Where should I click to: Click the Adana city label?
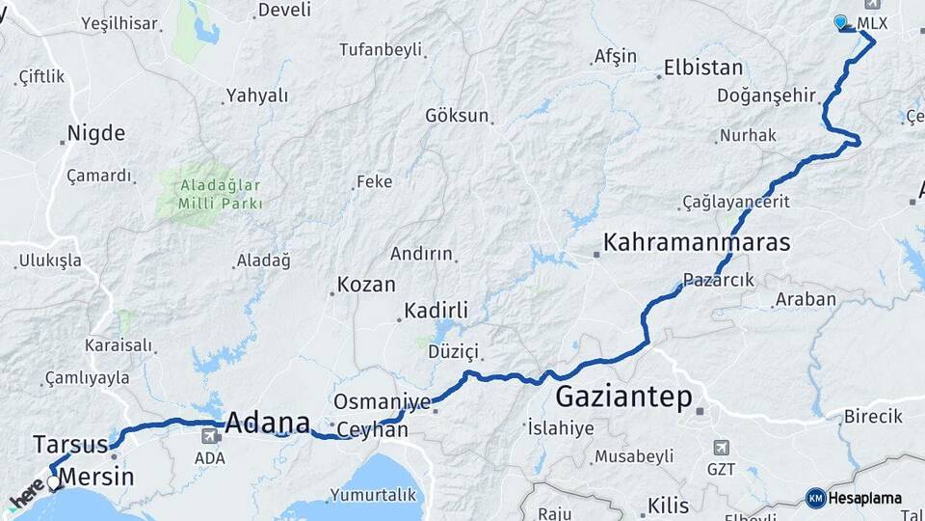click(268, 423)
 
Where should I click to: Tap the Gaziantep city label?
click(624, 396)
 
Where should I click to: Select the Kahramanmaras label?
click(697, 242)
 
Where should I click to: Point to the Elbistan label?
click(703, 69)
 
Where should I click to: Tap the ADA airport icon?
click(208, 436)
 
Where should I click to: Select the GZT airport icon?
click(720, 448)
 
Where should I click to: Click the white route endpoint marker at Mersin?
click(53, 482)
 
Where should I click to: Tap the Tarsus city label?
click(70, 445)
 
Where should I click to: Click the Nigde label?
click(96, 134)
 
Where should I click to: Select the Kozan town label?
click(366, 286)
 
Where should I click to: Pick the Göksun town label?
click(457, 116)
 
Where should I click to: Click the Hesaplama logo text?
click(865, 498)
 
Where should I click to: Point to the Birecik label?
click(872, 417)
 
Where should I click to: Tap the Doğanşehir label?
click(766, 96)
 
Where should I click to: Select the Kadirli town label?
click(436, 311)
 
